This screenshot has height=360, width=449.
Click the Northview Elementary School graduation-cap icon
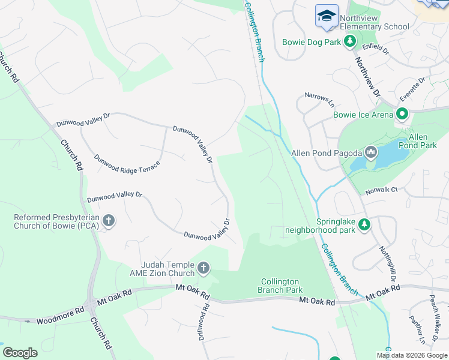pos(327,16)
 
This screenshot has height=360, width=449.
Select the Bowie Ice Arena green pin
pos(402,114)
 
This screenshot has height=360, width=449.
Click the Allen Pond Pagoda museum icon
pos(370,153)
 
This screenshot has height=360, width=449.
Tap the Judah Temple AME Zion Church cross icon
pos(203,268)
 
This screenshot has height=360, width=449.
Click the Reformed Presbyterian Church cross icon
pos(109,221)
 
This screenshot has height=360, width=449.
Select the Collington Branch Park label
pos(282,286)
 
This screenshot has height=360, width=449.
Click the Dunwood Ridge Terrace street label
pos(127,163)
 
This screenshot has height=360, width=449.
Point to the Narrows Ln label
pos(319,96)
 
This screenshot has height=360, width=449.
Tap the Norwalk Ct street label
pos(382,191)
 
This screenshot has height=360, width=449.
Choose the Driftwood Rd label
pos(204,322)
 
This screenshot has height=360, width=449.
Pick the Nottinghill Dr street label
pos(388,265)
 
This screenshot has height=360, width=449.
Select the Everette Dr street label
pos(413,88)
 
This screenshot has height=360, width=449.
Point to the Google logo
pos(20,353)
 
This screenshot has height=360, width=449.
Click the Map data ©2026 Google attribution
pos(412,355)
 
